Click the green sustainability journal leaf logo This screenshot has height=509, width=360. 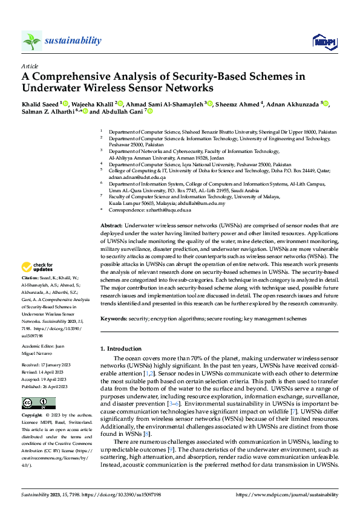[31, 41]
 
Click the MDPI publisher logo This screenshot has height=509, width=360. [324, 41]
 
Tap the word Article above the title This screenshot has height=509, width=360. [30, 66]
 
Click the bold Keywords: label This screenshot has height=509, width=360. [115, 319]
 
